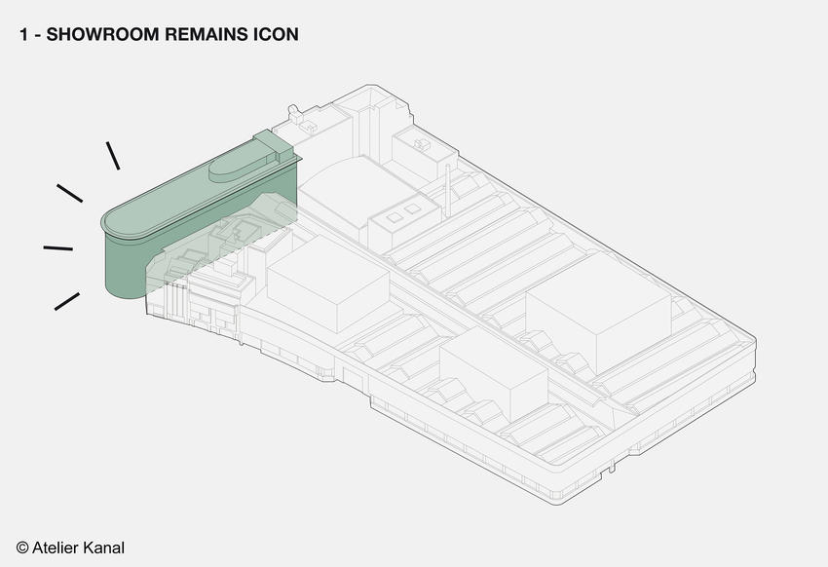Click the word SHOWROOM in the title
(x=102, y=34)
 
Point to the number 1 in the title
(x=23, y=34)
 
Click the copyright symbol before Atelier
(x=22, y=548)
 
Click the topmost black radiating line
(x=113, y=156)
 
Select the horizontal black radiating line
(x=58, y=247)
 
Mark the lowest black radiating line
(x=67, y=301)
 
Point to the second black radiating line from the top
(x=70, y=193)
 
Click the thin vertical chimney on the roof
(x=448, y=190)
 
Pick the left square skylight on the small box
(x=395, y=217)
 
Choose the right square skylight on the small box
(x=413, y=209)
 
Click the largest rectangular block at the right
(x=599, y=313)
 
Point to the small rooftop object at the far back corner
(x=293, y=114)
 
